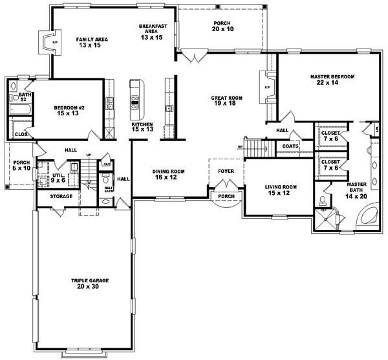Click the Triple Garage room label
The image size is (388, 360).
pyautogui.click(x=90, y=284)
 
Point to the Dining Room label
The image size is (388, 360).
pyautogui.click(x=169, y=174)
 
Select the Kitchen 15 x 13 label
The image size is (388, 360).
pyautogui.click(x=142, y=127)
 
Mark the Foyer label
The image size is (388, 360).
pyautogui.click(x=226, y=172)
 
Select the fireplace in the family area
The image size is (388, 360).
pyautogui.click(x=47, y=43)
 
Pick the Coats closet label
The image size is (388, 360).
pyautogui.click(x=290, y=146)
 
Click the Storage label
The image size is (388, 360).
pyautogui.click(x=62, y=196)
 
